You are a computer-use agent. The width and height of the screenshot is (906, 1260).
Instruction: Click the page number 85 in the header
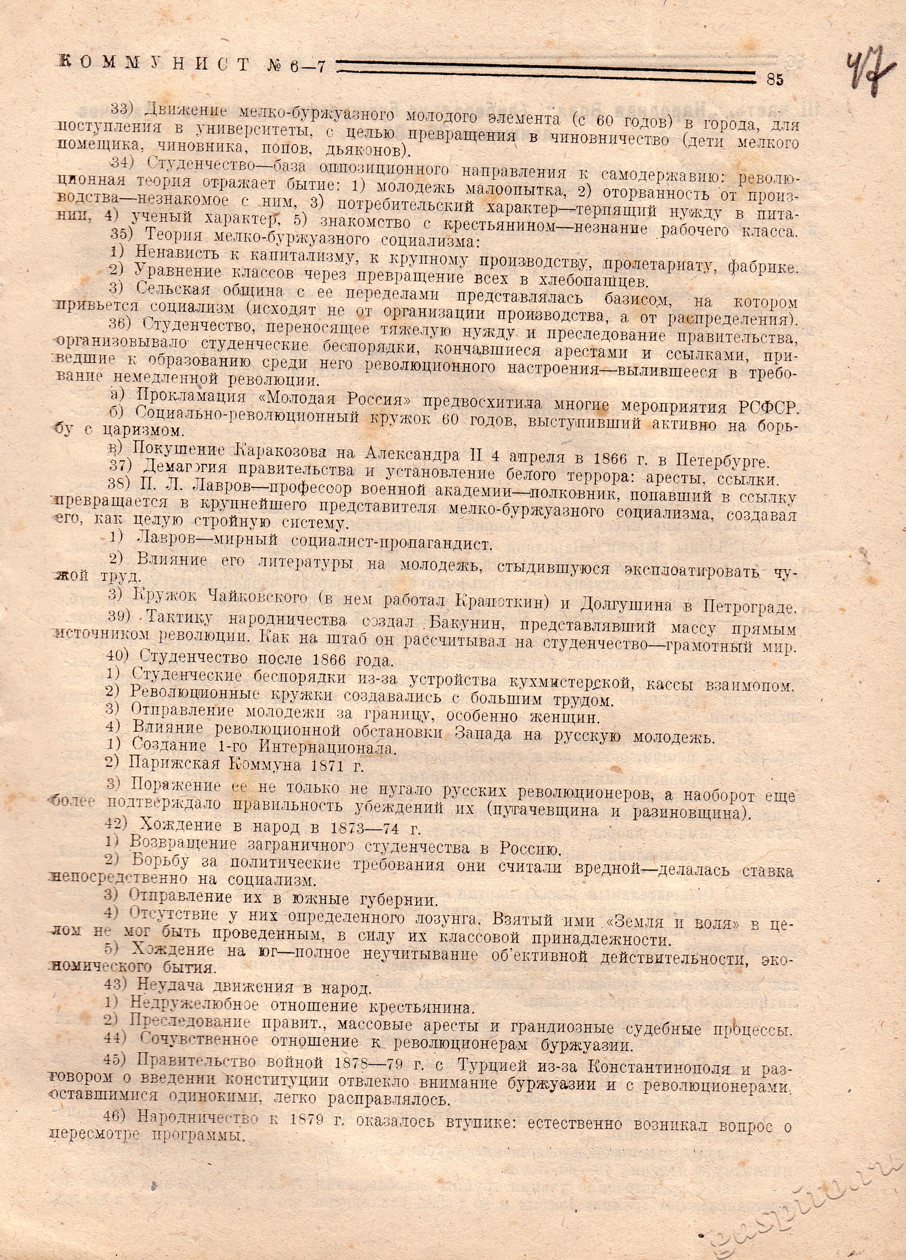[774, 79]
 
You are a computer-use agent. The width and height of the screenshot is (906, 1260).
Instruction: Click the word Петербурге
[722, 460]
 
